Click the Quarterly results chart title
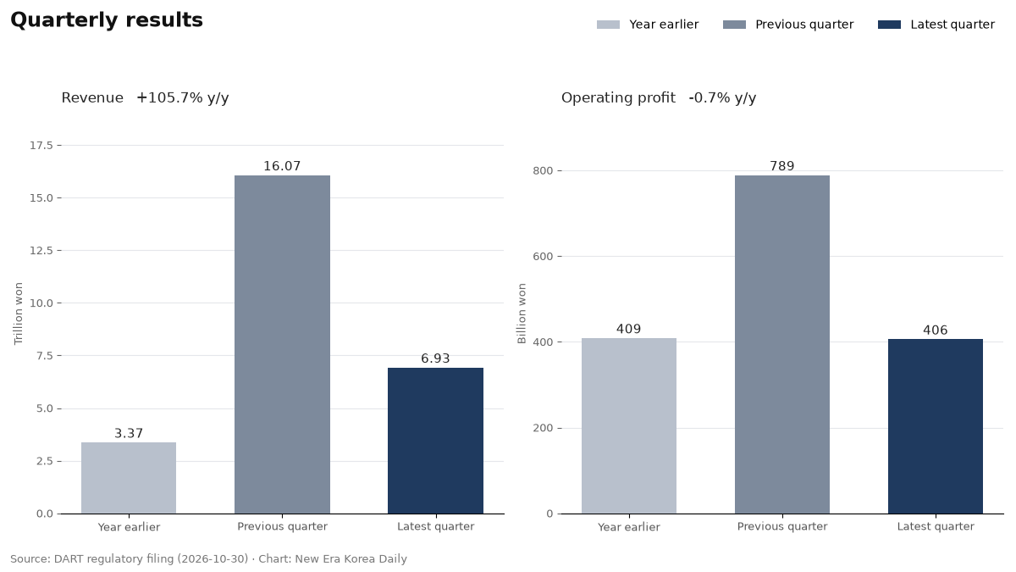pyautogui.click(x=107, y=20)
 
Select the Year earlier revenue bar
pyautogui.click(x=129, y=478)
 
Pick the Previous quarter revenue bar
pyautogui.click(x=282, y=345)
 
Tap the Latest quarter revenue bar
pyautogui.click(x=435, y=441)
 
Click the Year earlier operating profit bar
pyautogui.click(x=629, y=425)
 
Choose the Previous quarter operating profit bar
pyautogui.click(x=782, y=345)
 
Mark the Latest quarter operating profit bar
pyautogui.click(x=936, y=427)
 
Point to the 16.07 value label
pyautogui.click(x=282, y=166)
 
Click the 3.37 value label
pyautogui.click(x=129, y=434)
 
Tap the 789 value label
pyautogui.click(x=782, y=166)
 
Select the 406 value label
pyautogui.click(x=936, y=330)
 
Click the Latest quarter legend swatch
pyautogui.click(x=890, y=25)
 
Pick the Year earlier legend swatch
pyautogui.click(x=608, y=25)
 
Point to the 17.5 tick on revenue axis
pyautogui.click(x=41, y=145)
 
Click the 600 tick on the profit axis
pyautogui.click(x=543, y=257)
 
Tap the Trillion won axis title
pyautogui.click(x=18, y=314)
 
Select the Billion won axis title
pyautogui.click(x=522, y=314)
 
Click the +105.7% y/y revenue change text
pyautogui.click(x=183, y=98)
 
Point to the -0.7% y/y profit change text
pyautogui.click(x=722, y=98)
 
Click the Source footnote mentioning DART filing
pyautogui.click(x=208, y=558)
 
